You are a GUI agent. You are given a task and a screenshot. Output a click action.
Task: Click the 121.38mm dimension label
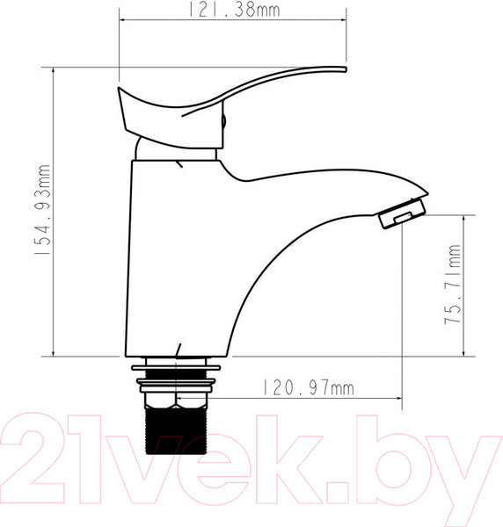click(234, 10)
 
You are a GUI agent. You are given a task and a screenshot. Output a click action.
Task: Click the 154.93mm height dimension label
click(43, 209)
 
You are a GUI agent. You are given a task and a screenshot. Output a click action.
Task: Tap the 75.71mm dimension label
click(453, 284)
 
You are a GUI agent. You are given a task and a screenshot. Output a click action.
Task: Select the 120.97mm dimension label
click(308, 387)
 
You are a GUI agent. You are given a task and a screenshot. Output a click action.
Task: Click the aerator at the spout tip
click(403, 213)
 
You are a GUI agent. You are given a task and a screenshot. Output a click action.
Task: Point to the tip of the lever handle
click(346, 69)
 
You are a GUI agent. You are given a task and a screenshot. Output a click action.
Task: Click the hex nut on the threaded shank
click(176, 400)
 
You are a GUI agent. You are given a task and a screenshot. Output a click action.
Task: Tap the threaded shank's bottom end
click(176, 452)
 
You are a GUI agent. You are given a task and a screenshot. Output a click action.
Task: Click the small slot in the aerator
click(404, 217)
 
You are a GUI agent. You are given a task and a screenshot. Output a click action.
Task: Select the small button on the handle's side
click(223, 120)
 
